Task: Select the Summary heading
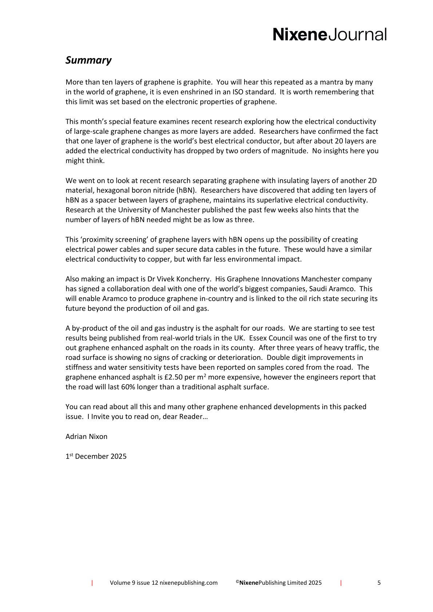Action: tap(88, 60)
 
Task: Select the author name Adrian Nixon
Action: tap(86, 436)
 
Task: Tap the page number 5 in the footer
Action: tap(379, 583)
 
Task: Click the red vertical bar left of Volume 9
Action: tap(92, 583)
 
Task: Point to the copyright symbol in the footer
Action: tap(237, 582)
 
